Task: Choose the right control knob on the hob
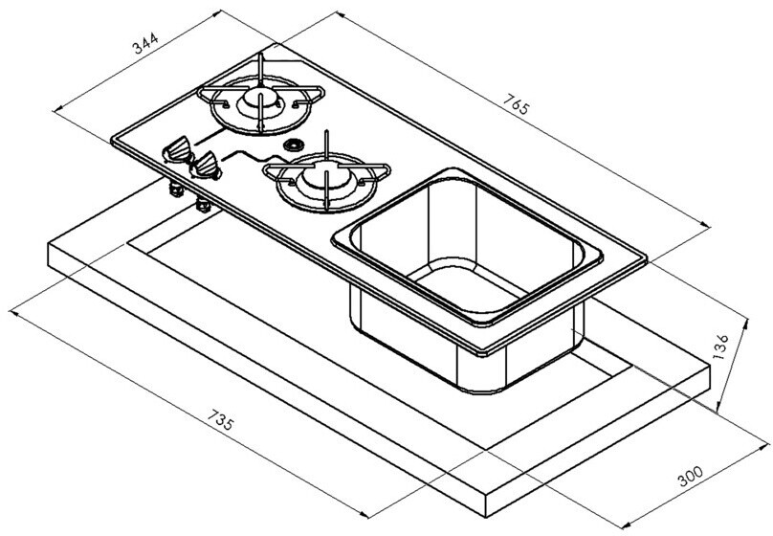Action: coord(207,168)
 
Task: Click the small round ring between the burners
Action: coord(293,145)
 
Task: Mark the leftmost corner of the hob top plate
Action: coord(112,137)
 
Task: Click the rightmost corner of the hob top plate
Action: coord(646,257)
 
